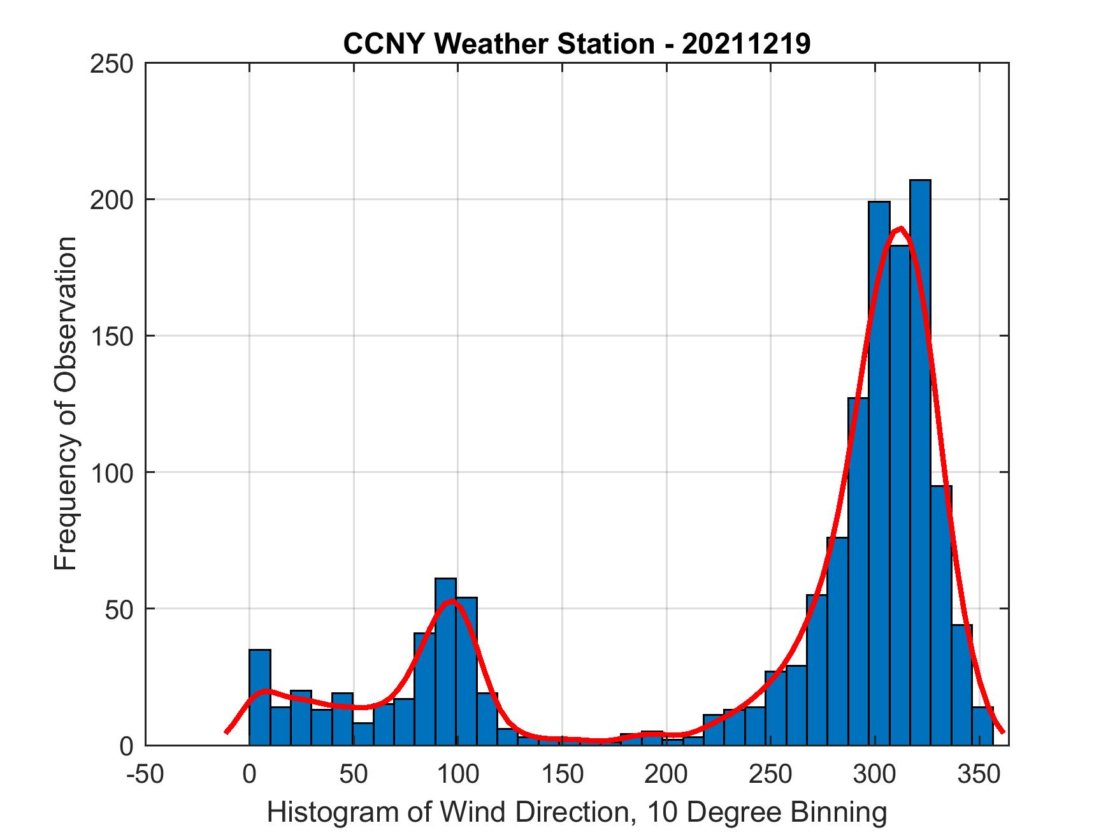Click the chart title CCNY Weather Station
pyautogui.click(x=498, y=44)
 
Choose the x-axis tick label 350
pyautogui.click(x=979, y=775)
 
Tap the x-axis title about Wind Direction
pyautogui.click(x=577, y=812)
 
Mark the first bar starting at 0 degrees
pyautogui.click(x=259, y=698)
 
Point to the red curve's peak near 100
pyautogui.click(x=451, y=600)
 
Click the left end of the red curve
pyautogui.click(x=226, y=732)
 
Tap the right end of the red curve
pyautogui.click(x=1002, y=731)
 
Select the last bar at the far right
pyautogui.click(x=982, y=727)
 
